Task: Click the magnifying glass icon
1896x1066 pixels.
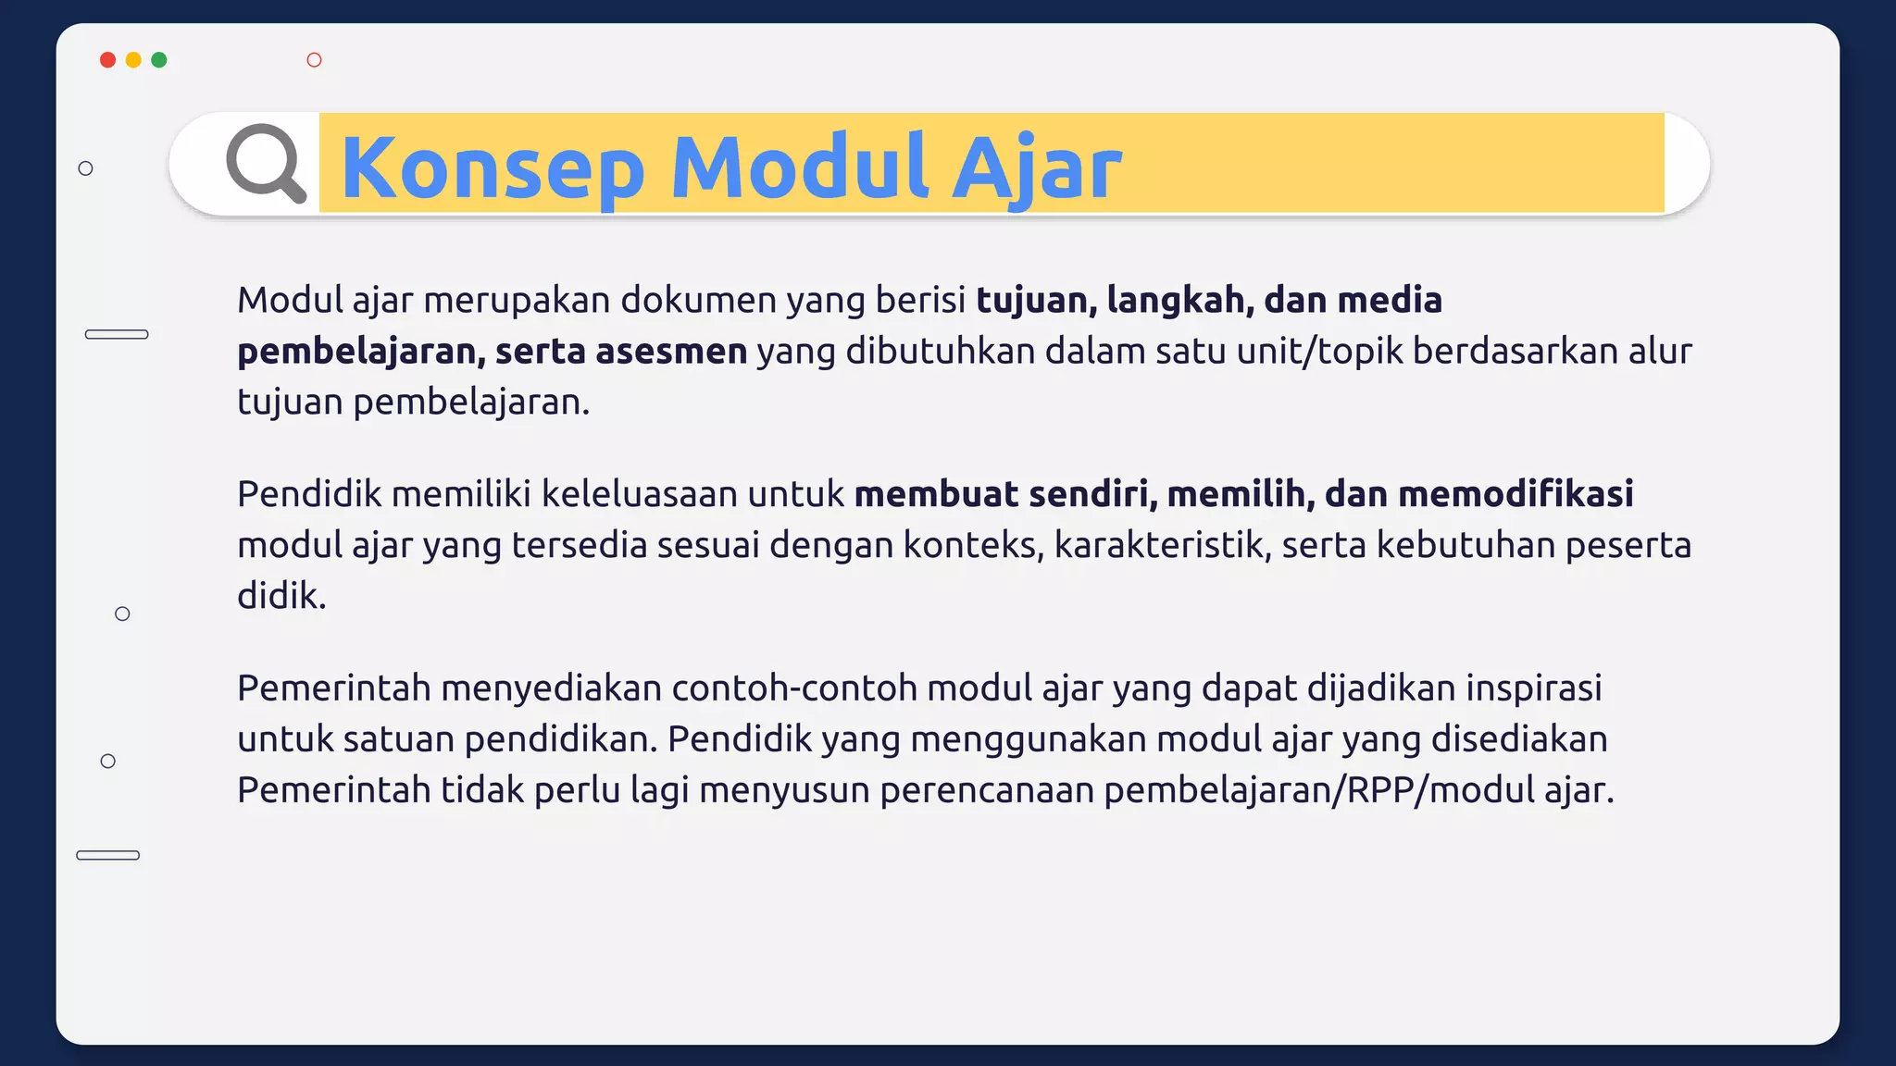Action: [x=266, y=163]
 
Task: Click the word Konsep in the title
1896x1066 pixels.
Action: [x=493, y=167]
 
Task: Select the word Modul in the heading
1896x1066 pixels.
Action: [x=800, y=167]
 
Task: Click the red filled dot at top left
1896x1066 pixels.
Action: [x=107, y=60]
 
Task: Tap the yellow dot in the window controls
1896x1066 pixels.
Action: [x=133, y=60]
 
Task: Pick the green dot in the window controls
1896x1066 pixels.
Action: [x=159, y=60]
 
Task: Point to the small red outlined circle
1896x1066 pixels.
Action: [x=314, y=60]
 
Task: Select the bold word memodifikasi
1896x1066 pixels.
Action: [x=1516, y=494]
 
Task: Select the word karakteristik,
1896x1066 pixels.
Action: [x=1163, y=545]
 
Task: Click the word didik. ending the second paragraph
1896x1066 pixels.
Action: [x=281, y=596]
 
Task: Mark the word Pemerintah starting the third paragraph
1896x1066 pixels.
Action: [x=333, y=688]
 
